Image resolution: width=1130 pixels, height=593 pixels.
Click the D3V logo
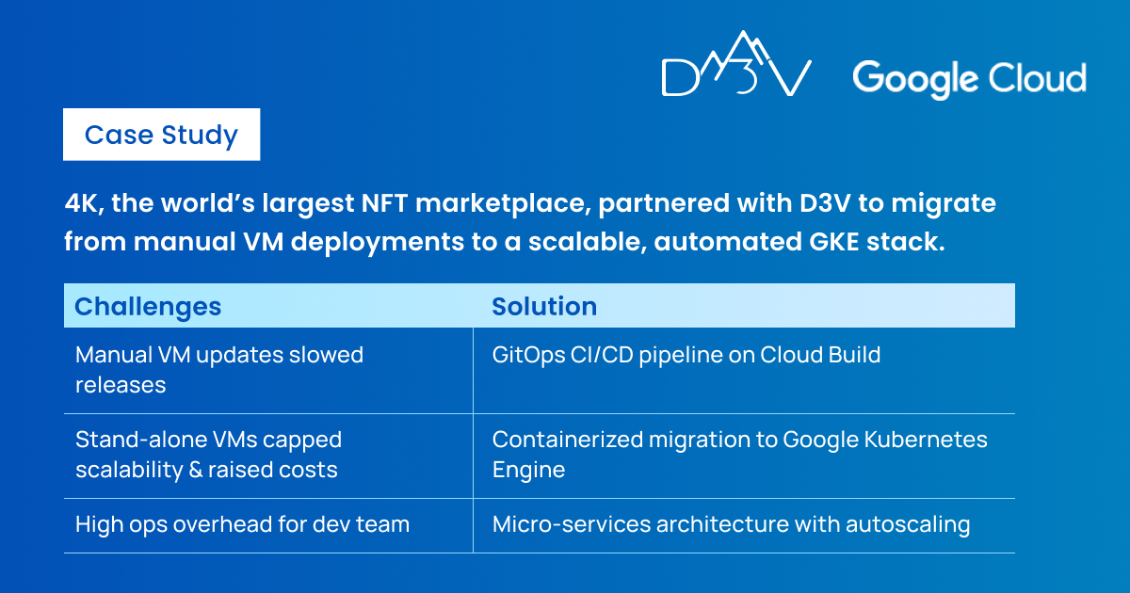[736, 64]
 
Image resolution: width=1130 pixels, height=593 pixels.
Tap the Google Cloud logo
[969, 79]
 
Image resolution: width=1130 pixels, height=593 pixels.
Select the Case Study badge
[161, 135]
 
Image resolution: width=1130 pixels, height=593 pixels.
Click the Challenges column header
[148, 306]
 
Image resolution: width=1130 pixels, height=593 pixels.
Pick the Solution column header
[544, 306]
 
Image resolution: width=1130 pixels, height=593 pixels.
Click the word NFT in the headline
[384, 203]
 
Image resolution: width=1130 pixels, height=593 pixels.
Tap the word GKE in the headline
[834, 242]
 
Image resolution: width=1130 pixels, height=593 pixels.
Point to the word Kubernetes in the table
[926, 440]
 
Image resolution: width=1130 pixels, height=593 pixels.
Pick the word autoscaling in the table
[908, 525]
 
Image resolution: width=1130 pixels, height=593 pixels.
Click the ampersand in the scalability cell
[196, 470]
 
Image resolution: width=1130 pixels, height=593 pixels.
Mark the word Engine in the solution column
[528, 471]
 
